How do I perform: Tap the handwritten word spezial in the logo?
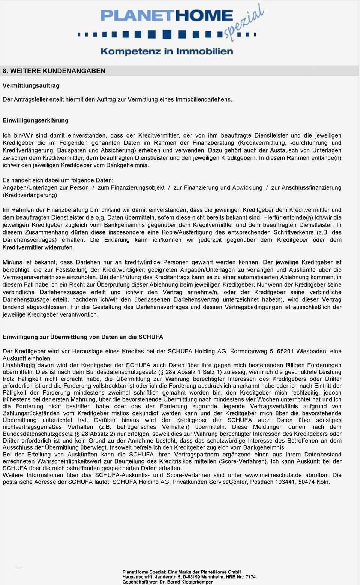click(x=244, y=22)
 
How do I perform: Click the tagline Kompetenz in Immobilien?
click(x=167, y=51)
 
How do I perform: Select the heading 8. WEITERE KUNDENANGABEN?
click(x=54, y=71)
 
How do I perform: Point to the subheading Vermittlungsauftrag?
click(x=31, y=85)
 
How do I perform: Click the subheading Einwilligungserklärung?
click(x=36, y=120)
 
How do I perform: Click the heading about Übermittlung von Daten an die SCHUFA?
click(x=83, y=337)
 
